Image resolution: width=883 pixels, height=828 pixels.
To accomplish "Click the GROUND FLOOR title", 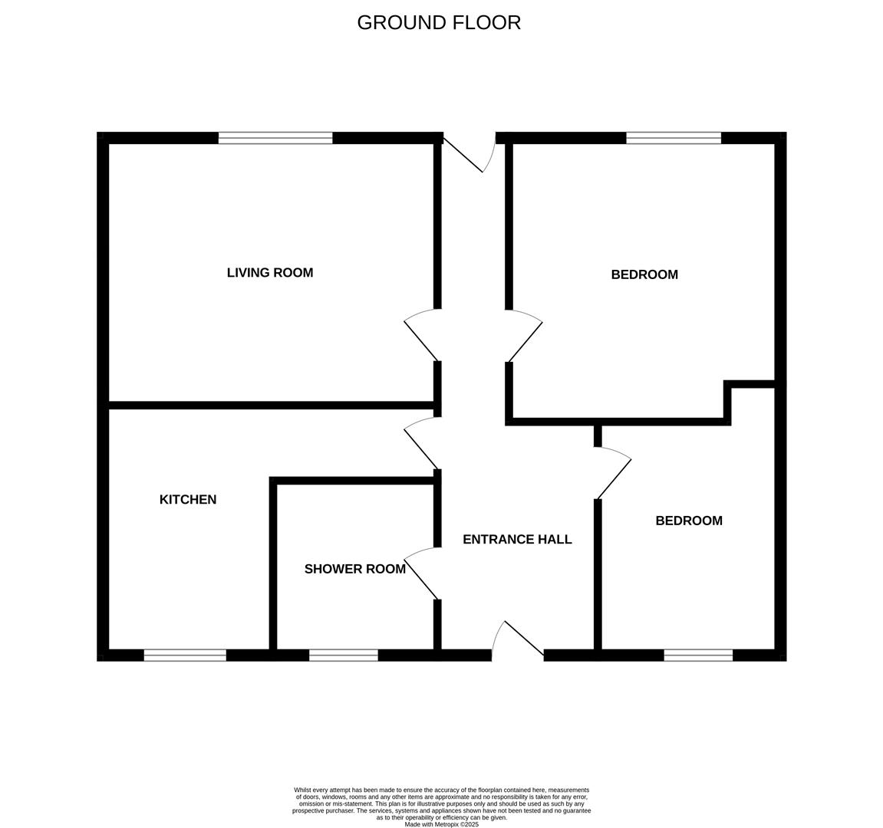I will [439, 23].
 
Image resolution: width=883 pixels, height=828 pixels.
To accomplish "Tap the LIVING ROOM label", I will [270, 273].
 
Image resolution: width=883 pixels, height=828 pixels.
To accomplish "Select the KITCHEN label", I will [188, 500].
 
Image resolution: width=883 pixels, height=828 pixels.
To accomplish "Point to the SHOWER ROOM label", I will [354, 569].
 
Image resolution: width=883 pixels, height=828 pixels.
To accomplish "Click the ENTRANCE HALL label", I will [517, 540].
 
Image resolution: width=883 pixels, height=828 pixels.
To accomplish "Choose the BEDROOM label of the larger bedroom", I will [644, 274].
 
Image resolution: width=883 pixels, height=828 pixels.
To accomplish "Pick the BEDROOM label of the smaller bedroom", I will [689, 521].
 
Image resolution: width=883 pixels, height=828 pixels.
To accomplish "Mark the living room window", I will [275, 138].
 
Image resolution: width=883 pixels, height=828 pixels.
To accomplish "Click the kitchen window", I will [185, 655].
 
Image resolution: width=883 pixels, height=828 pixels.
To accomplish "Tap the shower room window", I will [344, 655].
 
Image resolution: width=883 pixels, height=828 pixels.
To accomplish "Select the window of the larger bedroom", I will [674, 138].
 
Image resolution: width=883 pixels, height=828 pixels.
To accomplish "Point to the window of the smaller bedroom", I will [698, 655].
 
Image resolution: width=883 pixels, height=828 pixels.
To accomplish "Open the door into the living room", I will [422, 336].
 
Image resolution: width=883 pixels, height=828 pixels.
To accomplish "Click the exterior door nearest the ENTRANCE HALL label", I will [519, 639].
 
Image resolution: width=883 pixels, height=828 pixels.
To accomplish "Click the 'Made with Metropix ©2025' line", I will [441, 824].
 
